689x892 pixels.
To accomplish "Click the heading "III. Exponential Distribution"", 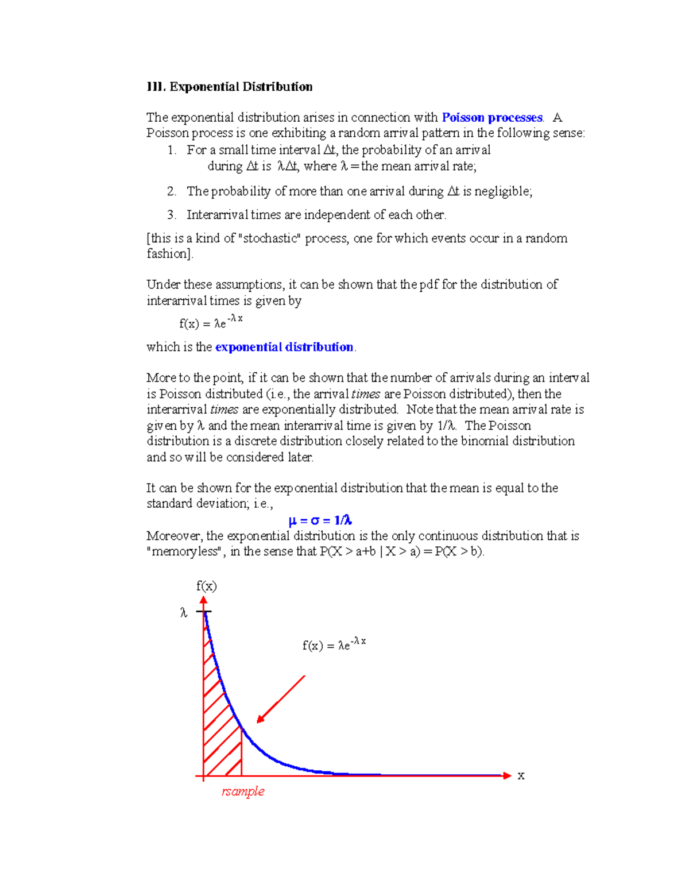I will [x=230, y=87].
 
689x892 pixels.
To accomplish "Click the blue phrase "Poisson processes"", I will [x=492, y=118].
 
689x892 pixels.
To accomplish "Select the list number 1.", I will [x=171, y=150].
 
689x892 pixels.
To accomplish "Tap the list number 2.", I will [x=171, y=191].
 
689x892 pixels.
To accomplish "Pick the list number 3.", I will [x=171, y=215].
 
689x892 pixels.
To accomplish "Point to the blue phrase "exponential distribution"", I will [x=284, y=347].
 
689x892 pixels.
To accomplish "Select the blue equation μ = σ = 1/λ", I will [x=320, y=520].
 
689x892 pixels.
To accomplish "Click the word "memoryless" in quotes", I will [x=185, y=551].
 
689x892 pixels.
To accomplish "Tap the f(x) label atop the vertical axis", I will [x=207, y=586].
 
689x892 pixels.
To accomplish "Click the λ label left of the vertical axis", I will [x=184, y=613].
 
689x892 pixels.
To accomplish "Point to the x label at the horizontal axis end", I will [x=521, y=775].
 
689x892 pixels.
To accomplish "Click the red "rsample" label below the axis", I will [x=243, y=791].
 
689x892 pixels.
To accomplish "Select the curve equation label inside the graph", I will [x=334, y=644].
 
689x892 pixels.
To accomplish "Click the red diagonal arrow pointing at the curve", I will [x=281, y=699].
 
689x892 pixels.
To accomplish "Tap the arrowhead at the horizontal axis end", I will [x=506, y=775].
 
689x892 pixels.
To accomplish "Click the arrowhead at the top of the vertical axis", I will [x=203, y=600].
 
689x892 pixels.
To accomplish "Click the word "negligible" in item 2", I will [x=502, y=191].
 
